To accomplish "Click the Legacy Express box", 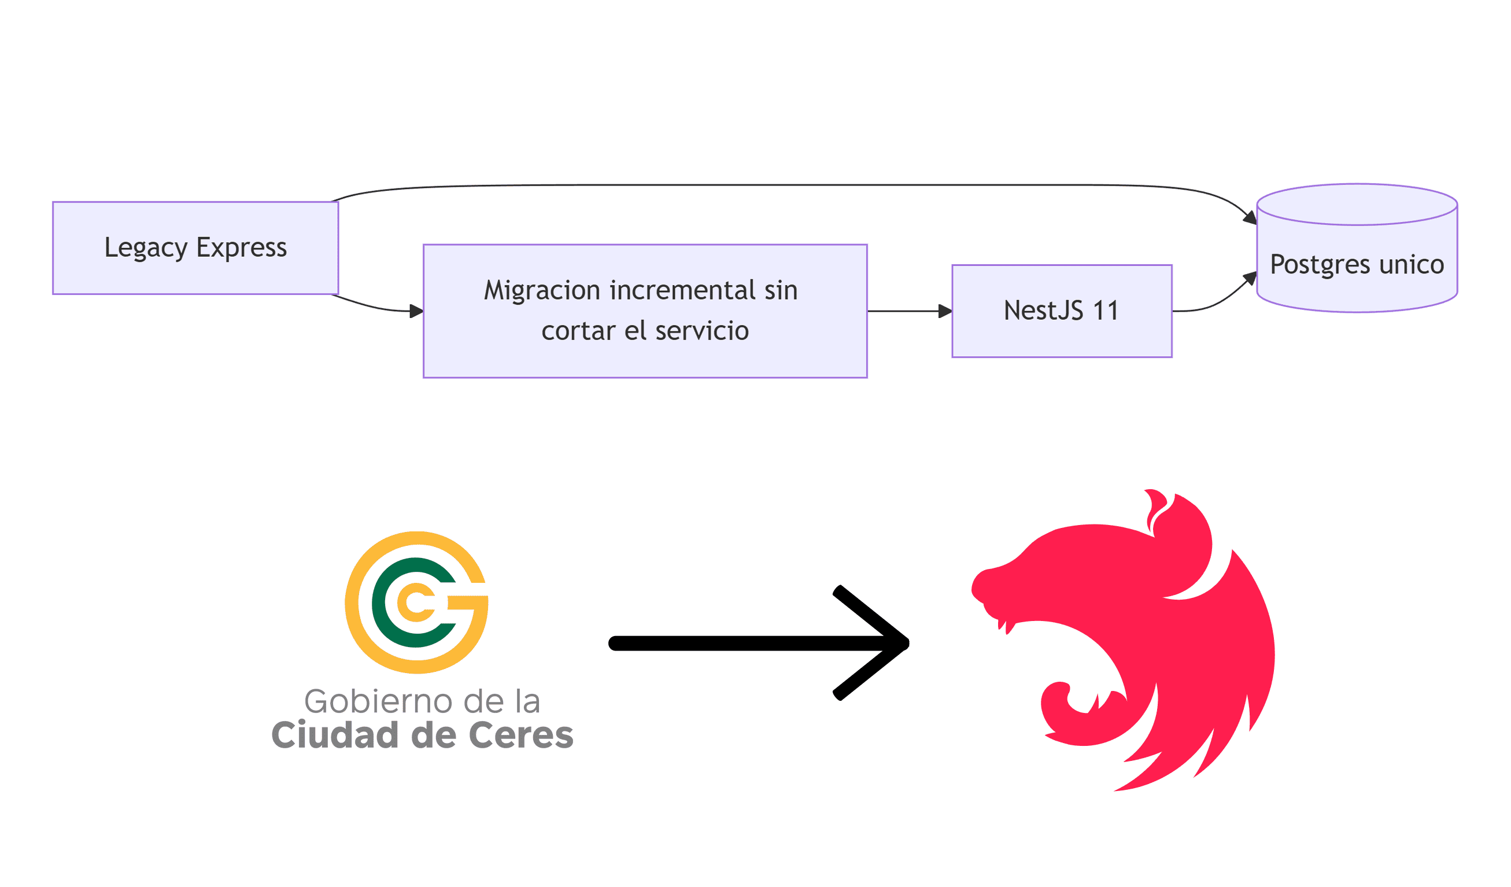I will click(x=195, y=247).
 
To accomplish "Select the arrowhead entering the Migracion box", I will click(x=417, y=311).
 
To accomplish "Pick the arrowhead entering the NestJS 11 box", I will click(x=945, y=311).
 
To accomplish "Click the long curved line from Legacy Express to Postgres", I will click(x=779, y=185).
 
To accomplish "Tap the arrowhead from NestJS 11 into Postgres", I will click(x=1250, y=278).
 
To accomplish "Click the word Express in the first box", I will click(x=242, y=247).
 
